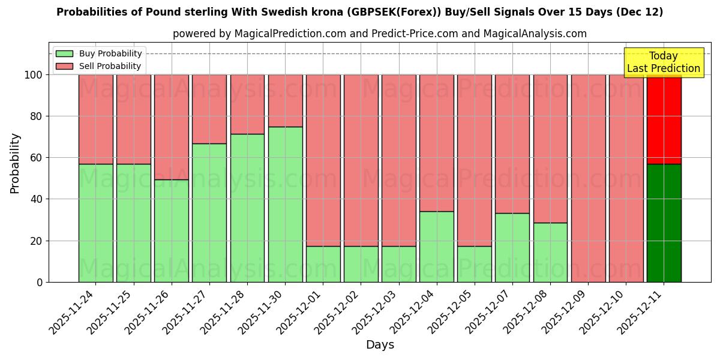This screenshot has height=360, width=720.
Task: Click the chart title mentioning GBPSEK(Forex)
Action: [359, 13]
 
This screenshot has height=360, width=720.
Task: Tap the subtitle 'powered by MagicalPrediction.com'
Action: [379, 34]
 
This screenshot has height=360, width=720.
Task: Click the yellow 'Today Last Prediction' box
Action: [663, 62]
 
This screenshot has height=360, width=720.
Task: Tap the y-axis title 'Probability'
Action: [15, 163]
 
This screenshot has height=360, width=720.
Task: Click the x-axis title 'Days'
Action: [380, 345]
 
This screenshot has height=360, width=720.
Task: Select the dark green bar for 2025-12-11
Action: [664, 223]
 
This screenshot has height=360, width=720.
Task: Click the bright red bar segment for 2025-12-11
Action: [664, 119]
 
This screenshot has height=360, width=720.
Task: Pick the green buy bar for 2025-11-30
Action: [285, 204]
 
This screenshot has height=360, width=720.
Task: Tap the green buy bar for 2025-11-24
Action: [95, 223]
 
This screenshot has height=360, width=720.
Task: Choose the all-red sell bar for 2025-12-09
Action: [588, 178]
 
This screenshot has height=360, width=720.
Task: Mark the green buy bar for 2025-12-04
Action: [437, 247]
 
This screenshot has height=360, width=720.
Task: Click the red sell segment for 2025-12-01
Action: [323, 160]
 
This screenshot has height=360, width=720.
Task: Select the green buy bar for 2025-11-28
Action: [247, 208]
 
